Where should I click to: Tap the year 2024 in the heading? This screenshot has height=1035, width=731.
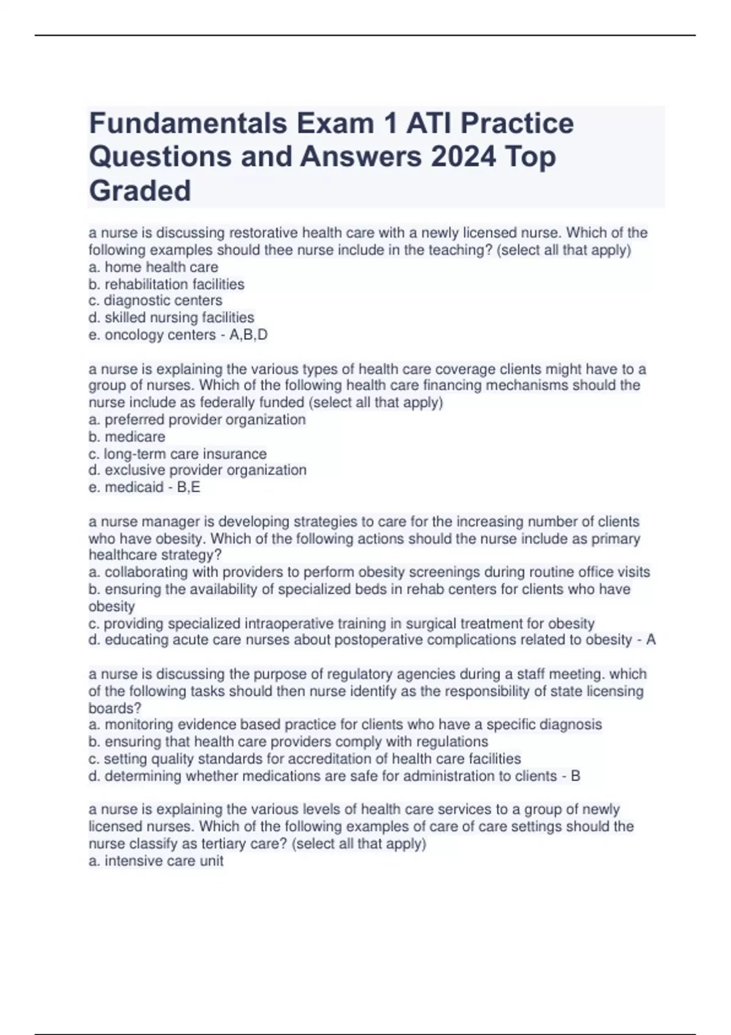tap(463, 157)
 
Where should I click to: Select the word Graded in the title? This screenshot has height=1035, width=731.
tap(140, 191)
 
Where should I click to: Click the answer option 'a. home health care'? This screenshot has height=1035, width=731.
tap(153, 267)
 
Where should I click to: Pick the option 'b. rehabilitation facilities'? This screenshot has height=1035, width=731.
tap(166, 284)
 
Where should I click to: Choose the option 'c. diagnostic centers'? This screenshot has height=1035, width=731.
tap(155, 301)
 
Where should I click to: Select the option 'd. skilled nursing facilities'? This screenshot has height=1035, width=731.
tap(171, 318)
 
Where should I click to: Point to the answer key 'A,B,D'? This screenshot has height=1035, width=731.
tap(249, 335)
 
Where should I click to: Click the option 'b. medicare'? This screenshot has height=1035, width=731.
tap(127, 437)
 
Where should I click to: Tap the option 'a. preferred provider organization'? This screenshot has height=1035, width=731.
tap(197, 420)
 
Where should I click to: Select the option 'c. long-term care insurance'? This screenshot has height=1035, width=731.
tap(177, 454)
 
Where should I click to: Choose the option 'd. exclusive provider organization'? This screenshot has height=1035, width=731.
tap(197, 471)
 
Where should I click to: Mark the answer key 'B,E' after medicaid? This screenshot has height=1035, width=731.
tap(188, 488)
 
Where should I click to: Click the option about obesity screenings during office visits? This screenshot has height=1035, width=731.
tap(369, 572)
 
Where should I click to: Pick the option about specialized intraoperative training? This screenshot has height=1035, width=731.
tap(341, 624)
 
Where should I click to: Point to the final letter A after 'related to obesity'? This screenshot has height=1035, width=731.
tap(651, 640)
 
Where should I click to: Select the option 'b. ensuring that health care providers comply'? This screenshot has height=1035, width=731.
tap(288, 742)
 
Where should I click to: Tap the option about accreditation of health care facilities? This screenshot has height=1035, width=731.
tap(305, 759)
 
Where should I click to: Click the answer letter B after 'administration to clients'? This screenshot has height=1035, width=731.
tap(575, 776)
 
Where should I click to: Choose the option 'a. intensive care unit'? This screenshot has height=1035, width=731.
tap(156, 861)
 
